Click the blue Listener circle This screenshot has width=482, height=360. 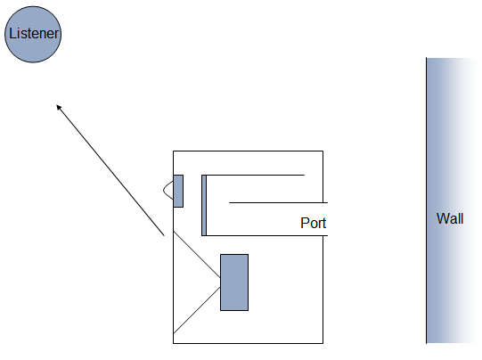(33, 34)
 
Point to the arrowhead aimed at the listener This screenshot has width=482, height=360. (59, 107)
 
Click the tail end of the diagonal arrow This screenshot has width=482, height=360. (164, 236)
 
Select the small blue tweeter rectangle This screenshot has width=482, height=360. (178, 191)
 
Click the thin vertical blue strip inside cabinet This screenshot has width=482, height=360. (204, 205)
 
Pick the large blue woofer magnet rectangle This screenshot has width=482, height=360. (234, 282)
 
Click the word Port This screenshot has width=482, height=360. (313, 223)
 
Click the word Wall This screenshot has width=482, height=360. (450, 218)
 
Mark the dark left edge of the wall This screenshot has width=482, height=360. (427, 200)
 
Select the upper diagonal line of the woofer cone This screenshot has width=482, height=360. (197, 255)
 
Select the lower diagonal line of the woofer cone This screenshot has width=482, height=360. (197, 310)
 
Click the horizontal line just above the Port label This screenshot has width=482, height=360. (279, 202)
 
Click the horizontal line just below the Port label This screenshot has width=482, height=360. (265, 236)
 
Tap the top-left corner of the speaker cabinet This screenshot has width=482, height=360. (174, 151)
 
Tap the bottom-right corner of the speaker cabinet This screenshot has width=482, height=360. (323, 343)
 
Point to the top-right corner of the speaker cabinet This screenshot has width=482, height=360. (323, 151)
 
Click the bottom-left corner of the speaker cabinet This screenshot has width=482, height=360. (174, 343)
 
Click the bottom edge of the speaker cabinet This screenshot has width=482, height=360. (248, 343)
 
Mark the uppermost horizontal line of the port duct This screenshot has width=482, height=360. (253, 176)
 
